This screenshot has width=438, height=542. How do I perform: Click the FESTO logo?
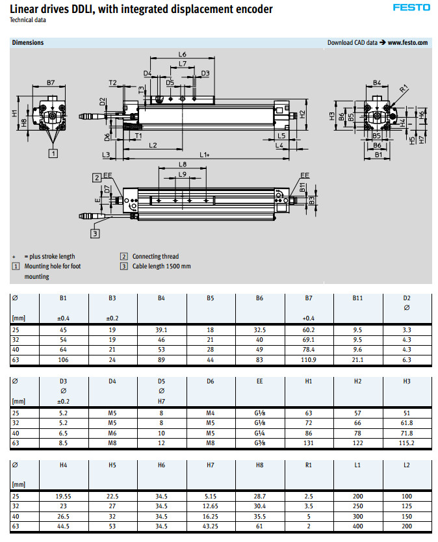click(x=411, y=7)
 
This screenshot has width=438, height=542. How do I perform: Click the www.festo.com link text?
click(x=408, y=42)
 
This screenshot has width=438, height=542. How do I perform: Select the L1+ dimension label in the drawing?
click(x=204, y=155)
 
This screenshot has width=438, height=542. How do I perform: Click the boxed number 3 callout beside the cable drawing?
click(x=95, y=233)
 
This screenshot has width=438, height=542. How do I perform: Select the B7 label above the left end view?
click(x=51, y=83)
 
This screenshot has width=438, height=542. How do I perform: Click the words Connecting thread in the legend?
click(x=155, y=256)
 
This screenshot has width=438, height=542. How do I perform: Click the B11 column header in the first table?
click(x=357, y=298)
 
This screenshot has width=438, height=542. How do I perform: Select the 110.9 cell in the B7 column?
click(x=309, y=359)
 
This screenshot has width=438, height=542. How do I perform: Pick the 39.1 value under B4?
click(x=162, y=330)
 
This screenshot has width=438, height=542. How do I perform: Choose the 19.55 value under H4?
click(x=64, y=497)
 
